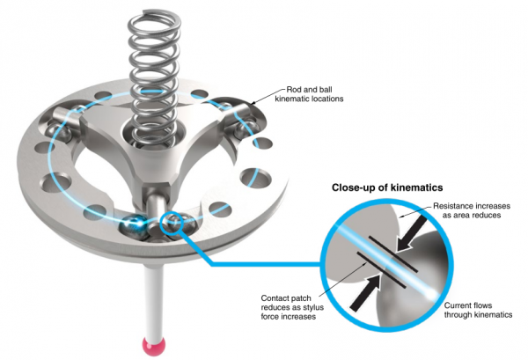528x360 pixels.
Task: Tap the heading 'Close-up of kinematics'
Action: (387, 187)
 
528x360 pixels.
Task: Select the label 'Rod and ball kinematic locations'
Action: (309, 94)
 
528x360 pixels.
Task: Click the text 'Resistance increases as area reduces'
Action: (472, 210)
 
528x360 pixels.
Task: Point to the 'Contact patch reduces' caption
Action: (292, 307)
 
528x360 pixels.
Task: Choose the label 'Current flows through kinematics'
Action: (478, 310)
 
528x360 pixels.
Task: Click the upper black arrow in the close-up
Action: (411, 233)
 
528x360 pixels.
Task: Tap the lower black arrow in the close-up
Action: (366, 292)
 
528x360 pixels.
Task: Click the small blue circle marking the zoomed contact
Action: (172, 223)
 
